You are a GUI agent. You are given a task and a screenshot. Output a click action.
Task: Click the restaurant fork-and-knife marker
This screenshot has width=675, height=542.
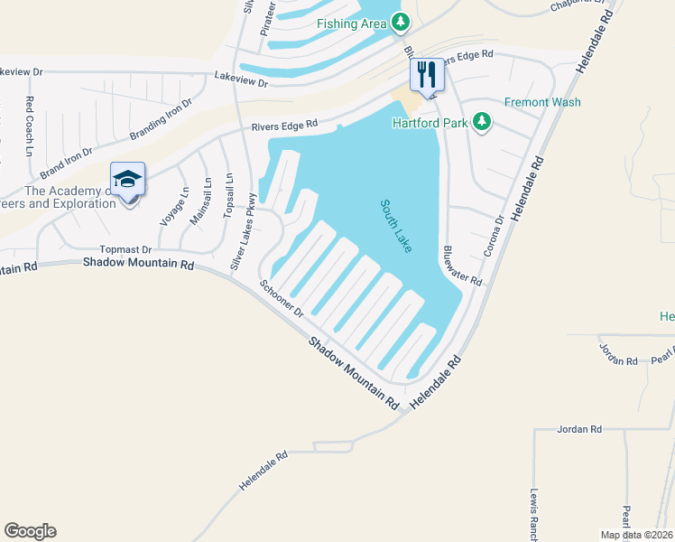tap(426, 74)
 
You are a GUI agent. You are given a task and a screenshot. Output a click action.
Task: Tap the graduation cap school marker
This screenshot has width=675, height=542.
tap(128, 177)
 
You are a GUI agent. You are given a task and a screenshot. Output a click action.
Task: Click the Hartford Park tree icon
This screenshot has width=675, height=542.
tap(482, 122)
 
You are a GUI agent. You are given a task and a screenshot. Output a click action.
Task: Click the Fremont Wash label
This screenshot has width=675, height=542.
tap(542, 102)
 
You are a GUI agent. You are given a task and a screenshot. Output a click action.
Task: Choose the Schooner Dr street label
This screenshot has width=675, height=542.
tap(281, 299)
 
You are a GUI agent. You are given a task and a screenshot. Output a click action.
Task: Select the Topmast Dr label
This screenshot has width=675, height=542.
tap(125, 248)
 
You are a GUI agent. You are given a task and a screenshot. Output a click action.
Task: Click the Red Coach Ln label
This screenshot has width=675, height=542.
tap(30, 126)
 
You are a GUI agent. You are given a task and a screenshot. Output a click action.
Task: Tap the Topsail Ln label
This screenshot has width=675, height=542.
tap(229, 195)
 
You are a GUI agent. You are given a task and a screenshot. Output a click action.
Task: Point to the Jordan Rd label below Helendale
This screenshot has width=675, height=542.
tap(579, 429)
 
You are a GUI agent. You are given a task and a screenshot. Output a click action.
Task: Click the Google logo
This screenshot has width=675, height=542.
tap(30, 531)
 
